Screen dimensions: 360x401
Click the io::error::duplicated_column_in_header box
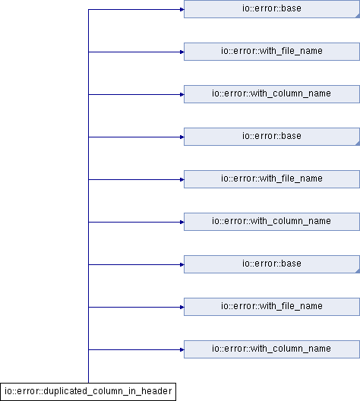[x=88, y=392]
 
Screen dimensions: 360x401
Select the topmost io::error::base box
[x=272, y=9]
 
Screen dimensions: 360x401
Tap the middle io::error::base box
[x=272, y=137]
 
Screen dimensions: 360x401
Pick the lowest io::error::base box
[x=272, y=264]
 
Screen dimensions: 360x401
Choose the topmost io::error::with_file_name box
[x=272, y=52]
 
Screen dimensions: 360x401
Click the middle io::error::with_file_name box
[x=272, y=179]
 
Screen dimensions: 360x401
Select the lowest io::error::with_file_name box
[x=272, y=307]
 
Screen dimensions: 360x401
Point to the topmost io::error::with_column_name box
[x=272, y=94]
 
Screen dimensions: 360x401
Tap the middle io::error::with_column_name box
[x=272, y=222]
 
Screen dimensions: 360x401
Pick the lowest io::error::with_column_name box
[x=272, y=349]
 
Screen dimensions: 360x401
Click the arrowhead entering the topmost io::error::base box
[x=182, y=9]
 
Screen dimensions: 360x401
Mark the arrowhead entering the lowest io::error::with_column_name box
[x=182, y=349]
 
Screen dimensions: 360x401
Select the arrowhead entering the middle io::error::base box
[x=182, y=137]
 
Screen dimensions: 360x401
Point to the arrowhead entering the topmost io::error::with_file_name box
[x=182, y=52]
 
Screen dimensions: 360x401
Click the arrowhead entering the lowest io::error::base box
[x=182, y=265]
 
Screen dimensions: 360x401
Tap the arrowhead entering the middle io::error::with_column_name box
[x=182, y=223]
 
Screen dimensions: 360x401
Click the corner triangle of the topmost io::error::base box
[x=358, y=16]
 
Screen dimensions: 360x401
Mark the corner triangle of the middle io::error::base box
[x=358, y=144]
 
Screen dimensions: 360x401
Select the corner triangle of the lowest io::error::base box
[x=358, y=271]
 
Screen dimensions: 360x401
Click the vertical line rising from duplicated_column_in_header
[x=88, y=196]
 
